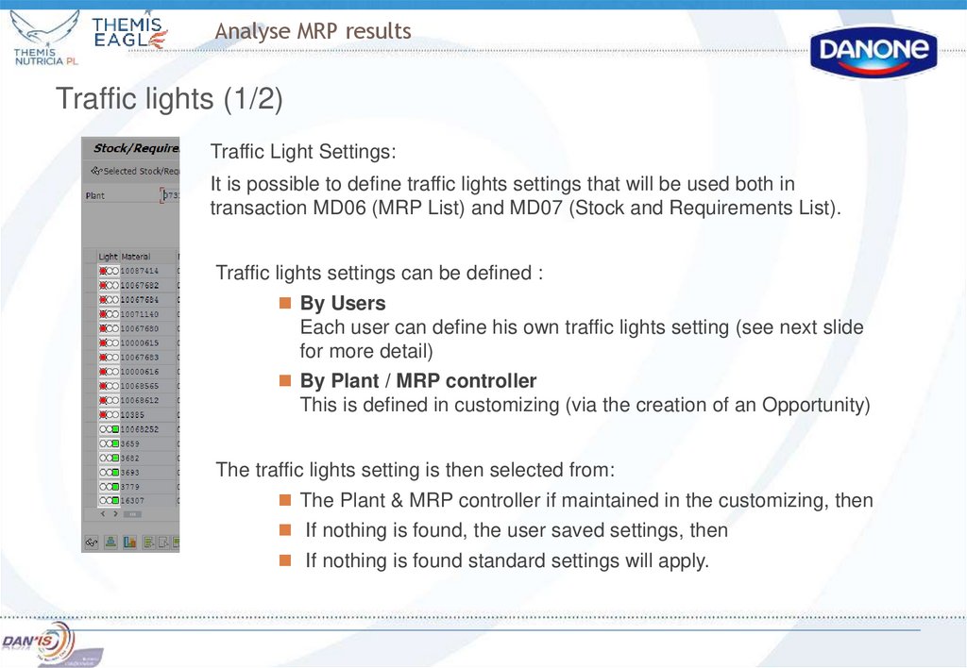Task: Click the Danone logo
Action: pos(874,51)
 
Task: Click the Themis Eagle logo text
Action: pos(129,31)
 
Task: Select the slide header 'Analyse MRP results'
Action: pos(313,31)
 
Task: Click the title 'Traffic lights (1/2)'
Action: pos(169,99)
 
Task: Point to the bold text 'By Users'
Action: pos(343,304)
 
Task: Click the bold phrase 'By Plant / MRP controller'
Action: pos(418,381)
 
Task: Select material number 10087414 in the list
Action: pos(139,271)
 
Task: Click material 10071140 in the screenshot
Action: pos(139,314)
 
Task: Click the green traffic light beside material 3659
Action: pos(114,443)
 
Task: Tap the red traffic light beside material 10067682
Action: pos(102,285)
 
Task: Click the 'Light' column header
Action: pos(108,257)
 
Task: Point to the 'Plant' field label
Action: pos(95,195)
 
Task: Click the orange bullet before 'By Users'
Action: pos(284,304)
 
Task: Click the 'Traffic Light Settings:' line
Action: pos(303,152)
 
